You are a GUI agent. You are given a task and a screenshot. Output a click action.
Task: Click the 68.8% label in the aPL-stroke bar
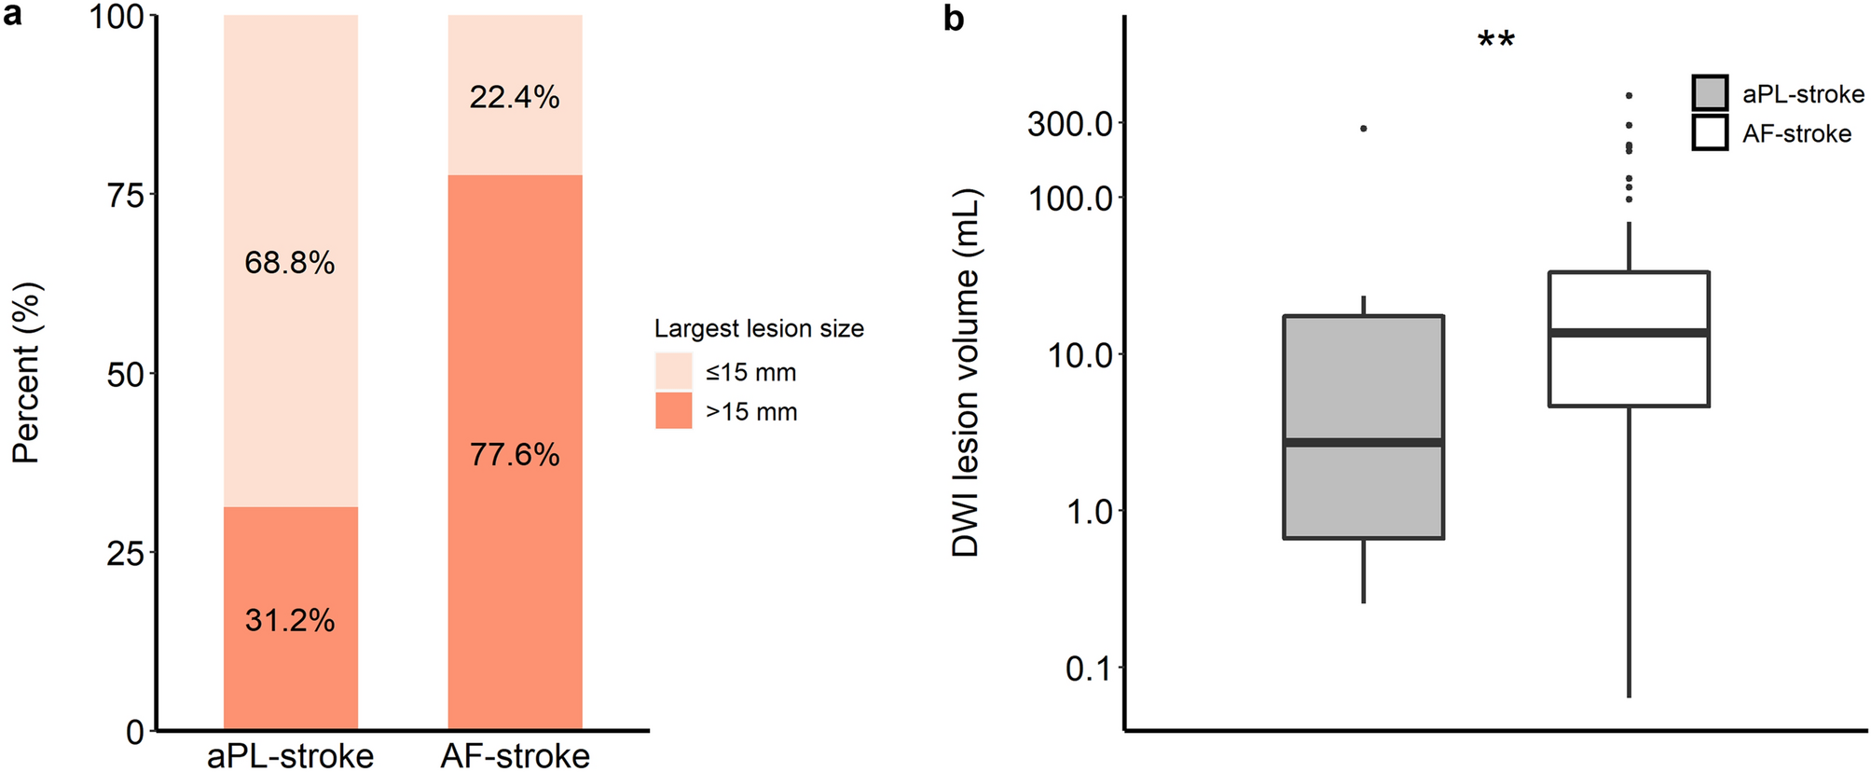[x=290, y=263]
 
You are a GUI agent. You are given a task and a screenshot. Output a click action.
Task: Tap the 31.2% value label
[x=290, y=620]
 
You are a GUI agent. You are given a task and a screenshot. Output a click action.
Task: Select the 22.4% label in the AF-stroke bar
[x=515, y=97]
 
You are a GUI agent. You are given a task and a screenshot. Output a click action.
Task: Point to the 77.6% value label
[x=515, y=455]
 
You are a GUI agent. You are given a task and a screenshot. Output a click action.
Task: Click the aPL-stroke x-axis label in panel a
[x=290, y=755]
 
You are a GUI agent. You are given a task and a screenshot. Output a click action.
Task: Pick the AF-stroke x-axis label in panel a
[x=516, y=755]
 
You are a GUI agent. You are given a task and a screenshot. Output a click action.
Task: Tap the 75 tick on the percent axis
[x=126, y=195]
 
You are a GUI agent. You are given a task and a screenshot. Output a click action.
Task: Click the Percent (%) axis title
[x=26, y=373]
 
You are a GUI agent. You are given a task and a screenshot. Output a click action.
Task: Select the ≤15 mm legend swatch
[x=673, y=371]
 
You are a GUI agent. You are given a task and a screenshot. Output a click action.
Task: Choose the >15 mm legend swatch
[x=673, y=410]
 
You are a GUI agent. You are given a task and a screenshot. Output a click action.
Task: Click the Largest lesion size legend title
[x=759, y=328]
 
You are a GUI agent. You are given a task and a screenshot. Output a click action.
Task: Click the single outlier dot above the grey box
[x=1363, y=129]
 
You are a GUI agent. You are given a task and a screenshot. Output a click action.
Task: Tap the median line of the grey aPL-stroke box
[x=1363, y=442]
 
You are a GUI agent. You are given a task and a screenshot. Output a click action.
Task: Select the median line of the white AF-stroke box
[x=1629, y=332]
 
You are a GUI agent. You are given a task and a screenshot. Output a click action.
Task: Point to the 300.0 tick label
[x=1070, y=123]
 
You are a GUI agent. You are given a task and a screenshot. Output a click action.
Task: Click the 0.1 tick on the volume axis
[x=1089, y=668]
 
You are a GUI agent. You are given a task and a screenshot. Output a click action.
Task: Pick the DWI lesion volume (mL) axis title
[x=966, y=373]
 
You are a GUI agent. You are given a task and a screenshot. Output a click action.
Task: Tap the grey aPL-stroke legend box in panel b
[x=1710, y=93]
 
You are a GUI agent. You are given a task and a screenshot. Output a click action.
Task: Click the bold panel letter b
[x=953, y=18]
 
